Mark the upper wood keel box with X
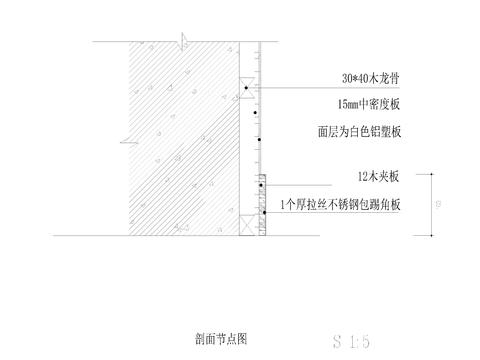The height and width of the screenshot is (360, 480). pos(246,85)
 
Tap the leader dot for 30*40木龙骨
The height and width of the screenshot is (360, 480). pos(246,89)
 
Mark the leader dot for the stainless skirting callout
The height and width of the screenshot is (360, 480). pos(263,213)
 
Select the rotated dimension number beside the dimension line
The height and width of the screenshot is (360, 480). pos(440,207)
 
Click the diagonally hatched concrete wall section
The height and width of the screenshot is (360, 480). pos(180,140)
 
